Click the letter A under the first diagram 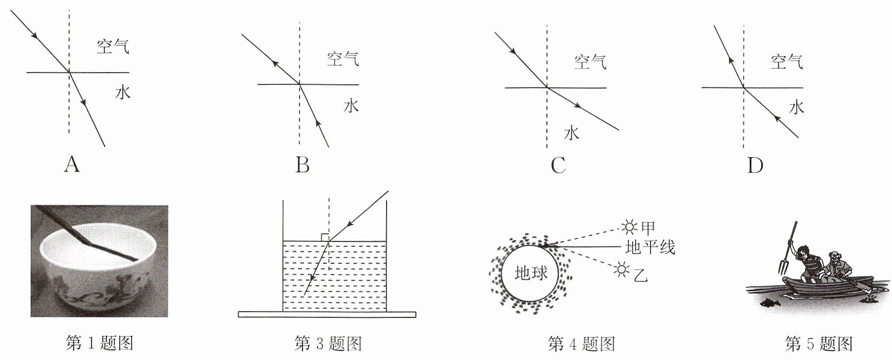click(72, 164)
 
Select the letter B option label click(303, 165)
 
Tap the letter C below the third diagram click(558, 165)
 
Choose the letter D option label click(755, 165)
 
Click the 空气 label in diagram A click(113, 46)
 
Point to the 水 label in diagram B click(351, 106)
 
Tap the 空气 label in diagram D click(787, 62)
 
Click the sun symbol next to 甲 click(629, 226)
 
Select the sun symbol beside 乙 click(621, 270)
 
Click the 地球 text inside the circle click(531, 273)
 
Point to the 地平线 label click(651, 247)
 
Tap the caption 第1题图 click(99, 343)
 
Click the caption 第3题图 click(328, 343)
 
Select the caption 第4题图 click(581, 344)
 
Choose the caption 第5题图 click(819, 344)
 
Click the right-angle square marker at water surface click(324, 237)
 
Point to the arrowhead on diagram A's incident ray click(35, 36)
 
